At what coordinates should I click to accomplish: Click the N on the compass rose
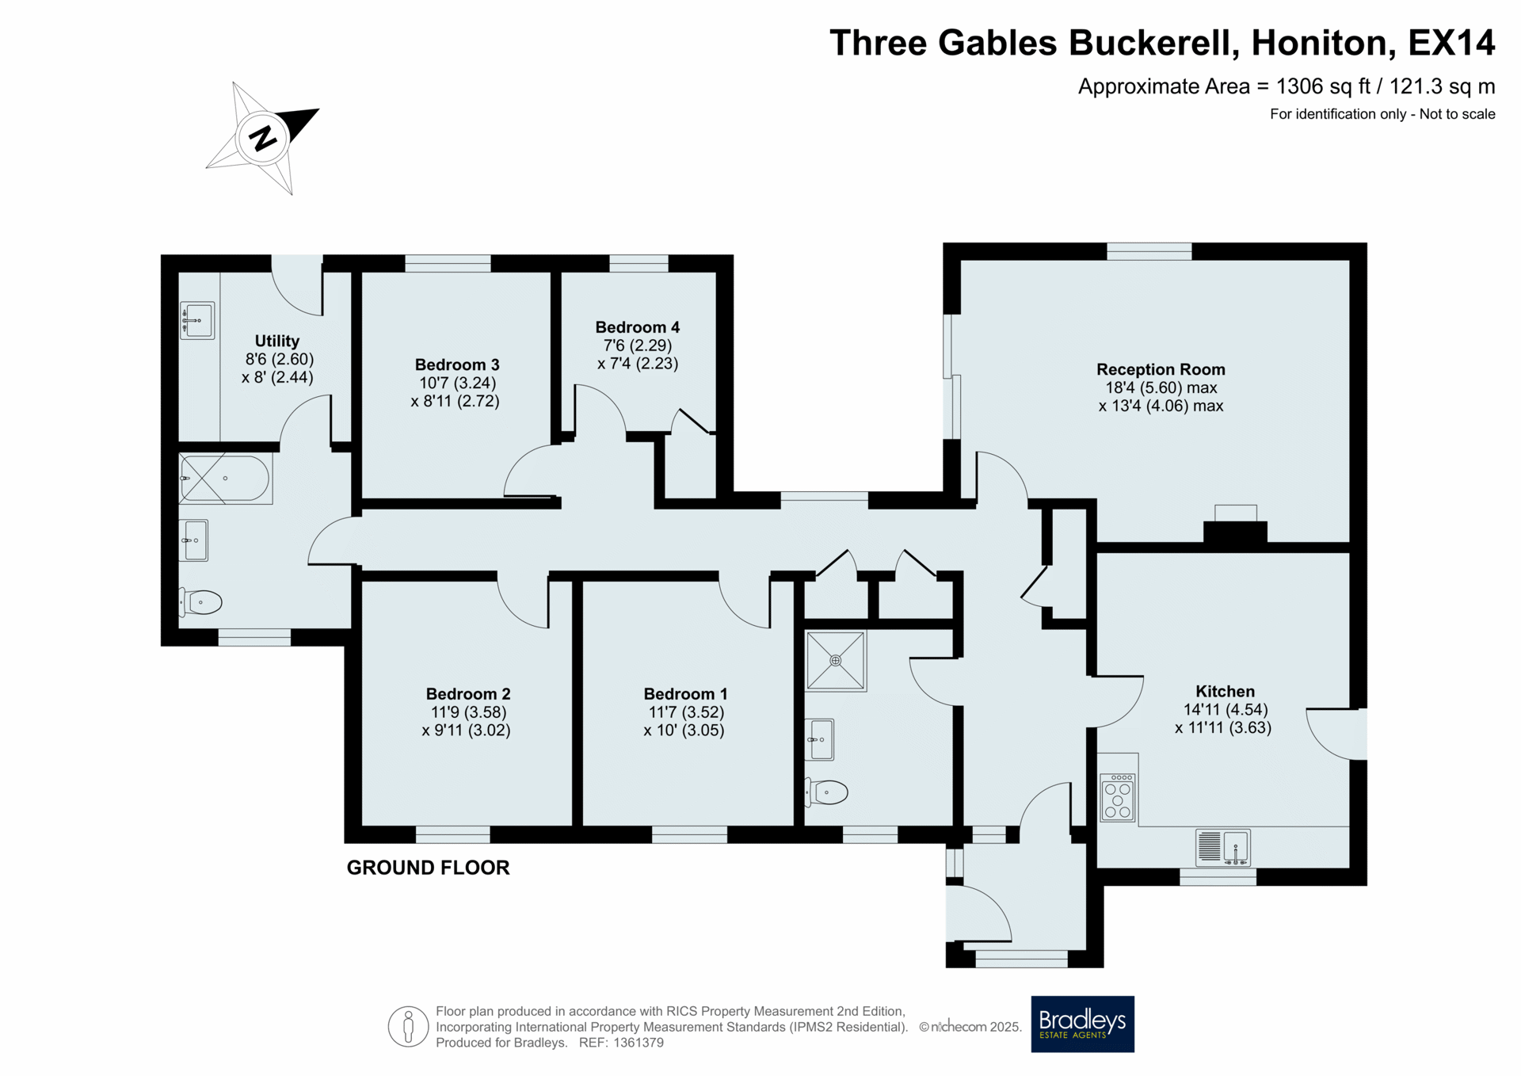(262, 138)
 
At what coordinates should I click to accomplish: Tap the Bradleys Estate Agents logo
(1082, 1024)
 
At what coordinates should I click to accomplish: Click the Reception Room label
(1161, 369)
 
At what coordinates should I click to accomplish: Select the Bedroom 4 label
(638, 327)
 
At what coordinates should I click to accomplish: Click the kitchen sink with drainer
(1223, 847)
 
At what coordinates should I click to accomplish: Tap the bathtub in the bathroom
(226, 479)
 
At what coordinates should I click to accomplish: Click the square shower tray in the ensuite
(836, 660)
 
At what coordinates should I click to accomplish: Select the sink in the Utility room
(197, 321)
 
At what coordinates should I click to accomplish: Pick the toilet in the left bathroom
(200, 602)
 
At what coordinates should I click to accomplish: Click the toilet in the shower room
(827, 791)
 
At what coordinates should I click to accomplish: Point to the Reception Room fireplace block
(1235, 532)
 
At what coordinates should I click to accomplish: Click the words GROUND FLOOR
(428, 868)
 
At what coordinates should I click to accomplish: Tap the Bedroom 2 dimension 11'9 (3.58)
(468, 712)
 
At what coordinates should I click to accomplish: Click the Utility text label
(277, 341)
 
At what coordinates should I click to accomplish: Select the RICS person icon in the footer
(408, 1027)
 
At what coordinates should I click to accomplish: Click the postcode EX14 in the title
(1451, 43)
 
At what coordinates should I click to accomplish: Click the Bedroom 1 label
(685, 694)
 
